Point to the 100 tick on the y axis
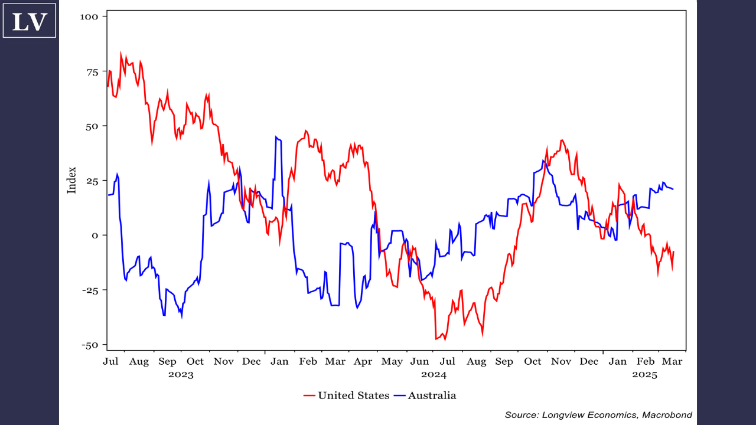pyautogui.click(x=90, y=16)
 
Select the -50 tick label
pyautogui.click(x=91, y=345)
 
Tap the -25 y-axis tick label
pyautogui.click(x=91, y=290)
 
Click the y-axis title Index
pyautogui.click(x=72, y=180)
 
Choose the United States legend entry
pyautogui.click(x=347, y=395)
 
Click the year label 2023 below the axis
pyautogui.click(x=181, y=374)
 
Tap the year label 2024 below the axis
pyautogui.click(x=434, y=374)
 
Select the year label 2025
pyautogui.click(x=644, y=374)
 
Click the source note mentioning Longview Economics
pyautogui.click(x=598, y=415)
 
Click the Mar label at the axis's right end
pyautogui.click(x=672, y=361)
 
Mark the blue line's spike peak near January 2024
pyautogui.click(x=276, y=137)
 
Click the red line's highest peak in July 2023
pyautogui.click(x=121, y=53)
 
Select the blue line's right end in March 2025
pyautogui.click(x=673, y=189)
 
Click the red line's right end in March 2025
pyautogui.click(x=673, y=252)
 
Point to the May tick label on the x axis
pyautogui.click(x=392, y=361)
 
